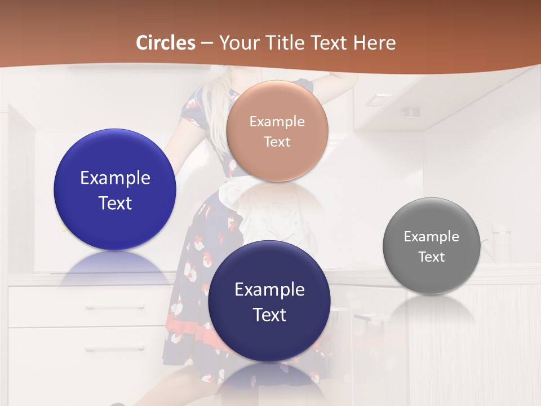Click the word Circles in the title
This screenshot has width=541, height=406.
pos(165,43)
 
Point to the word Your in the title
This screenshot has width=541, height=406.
pos(236,43)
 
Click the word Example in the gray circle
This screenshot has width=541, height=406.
pos(432,237)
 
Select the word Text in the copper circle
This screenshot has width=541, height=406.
pos(277,142)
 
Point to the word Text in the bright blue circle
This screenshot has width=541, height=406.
pos(115,203)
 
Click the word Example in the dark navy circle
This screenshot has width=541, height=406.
pos(269,290)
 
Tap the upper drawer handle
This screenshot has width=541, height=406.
pos(116,307)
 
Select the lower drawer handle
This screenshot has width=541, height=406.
pos(116,348)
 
